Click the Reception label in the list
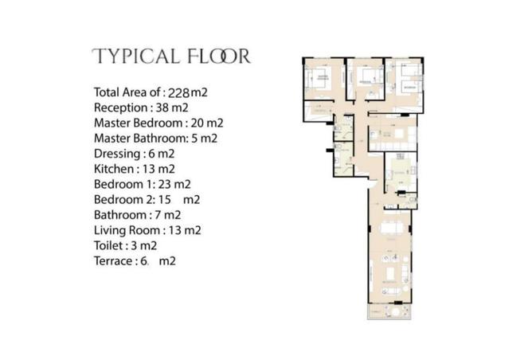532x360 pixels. (x=120, y=107)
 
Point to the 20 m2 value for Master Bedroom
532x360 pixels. (x=206, y=123)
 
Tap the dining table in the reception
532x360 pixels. (x=390, y=229)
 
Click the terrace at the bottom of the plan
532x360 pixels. (x=389, y=309)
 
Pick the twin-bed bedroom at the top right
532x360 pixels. (x=408, y=80)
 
